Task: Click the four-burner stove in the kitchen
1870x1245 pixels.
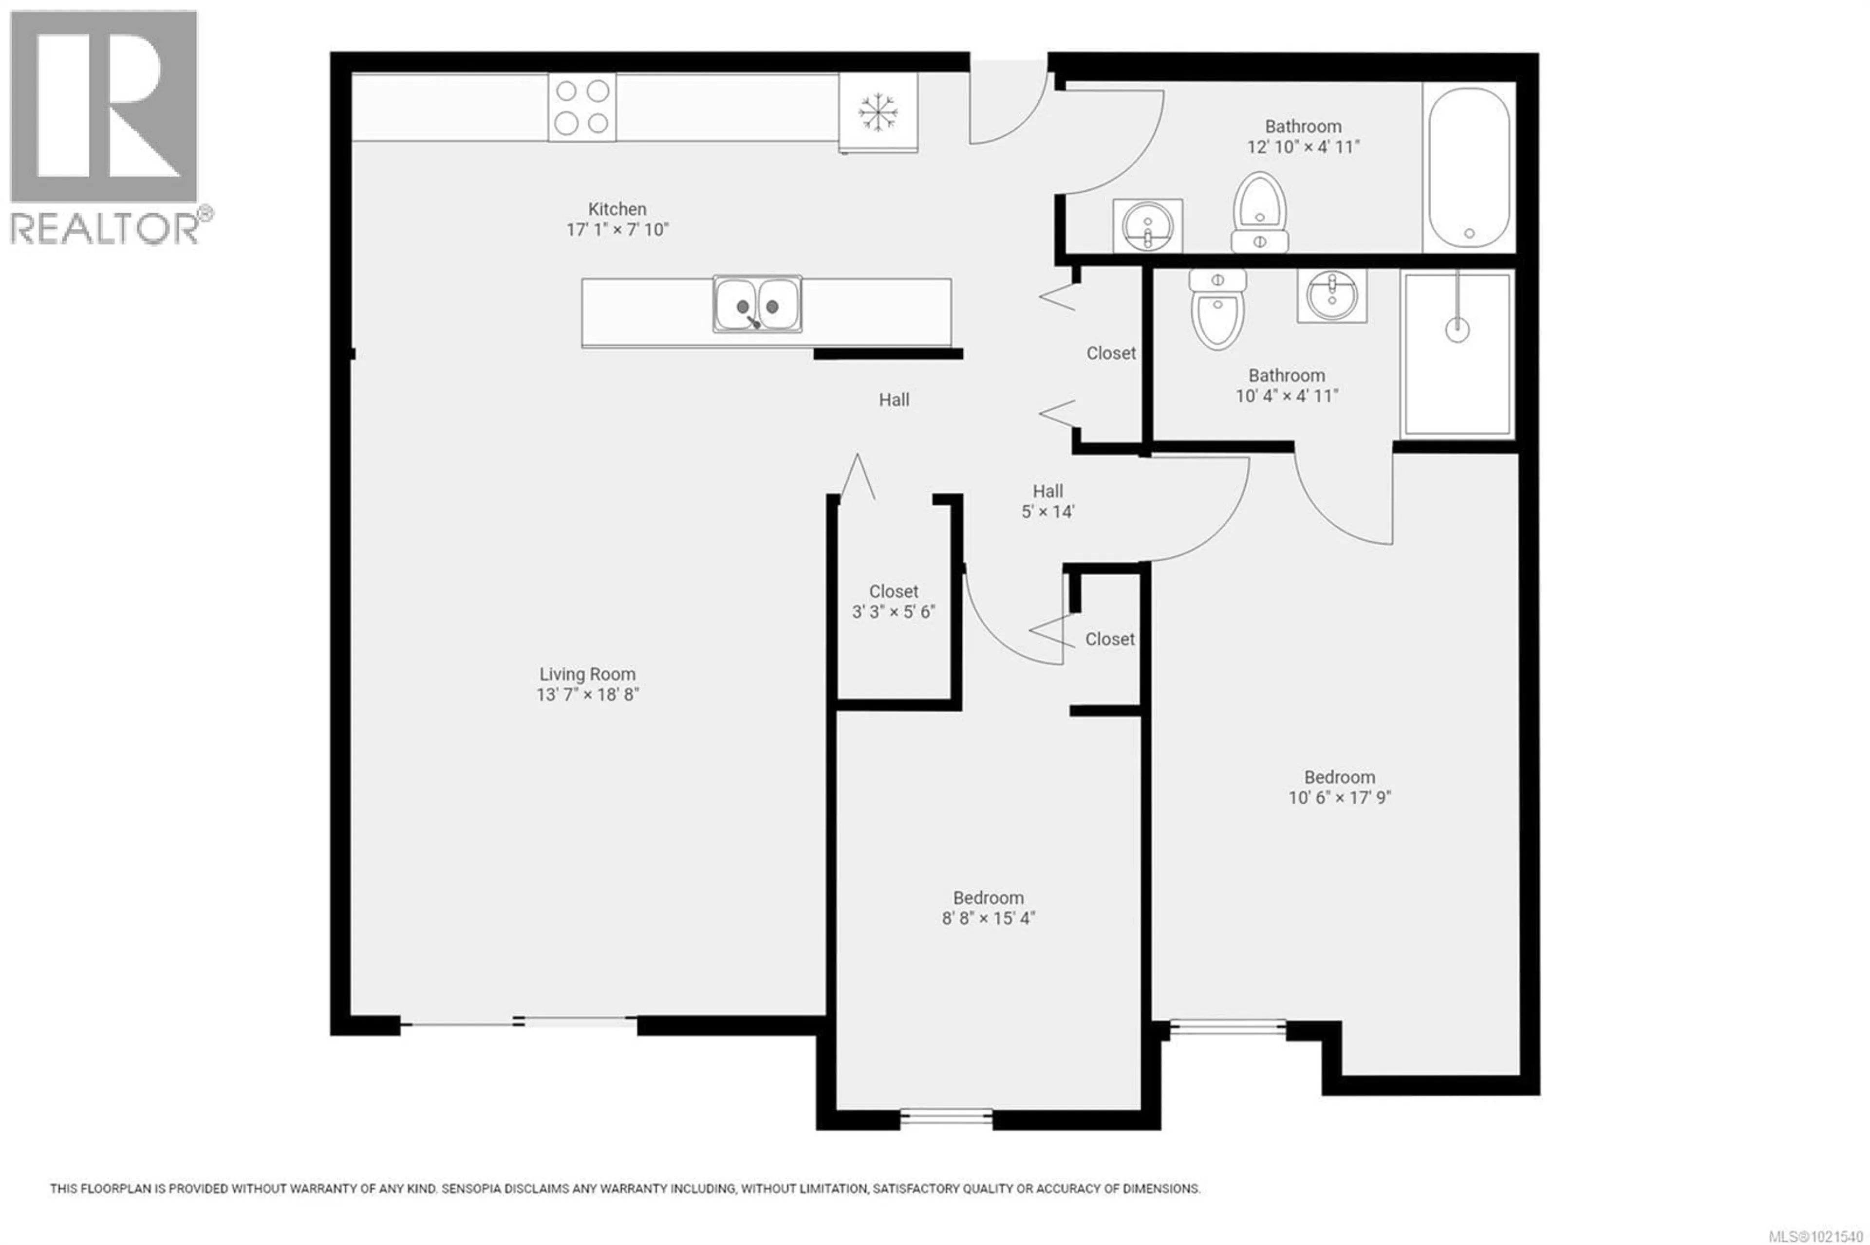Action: tap(581, 107)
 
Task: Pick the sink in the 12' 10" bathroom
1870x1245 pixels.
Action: tap(1147, 225)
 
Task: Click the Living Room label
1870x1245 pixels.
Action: tap(587, 674)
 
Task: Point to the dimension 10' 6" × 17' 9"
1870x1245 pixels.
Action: tap(1339, 797)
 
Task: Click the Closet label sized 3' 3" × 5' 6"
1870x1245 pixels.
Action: tap(893, 591)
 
